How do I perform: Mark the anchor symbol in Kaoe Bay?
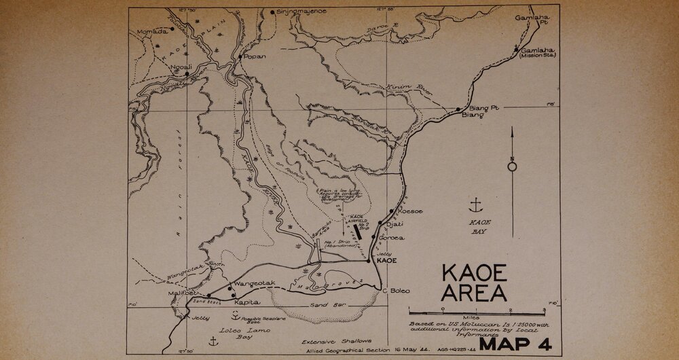[477, 204]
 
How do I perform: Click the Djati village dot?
[380, 223]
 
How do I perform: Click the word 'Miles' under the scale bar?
[468, 317]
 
